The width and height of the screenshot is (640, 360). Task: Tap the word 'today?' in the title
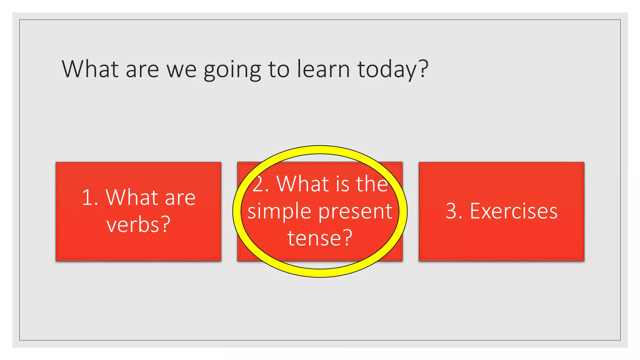coord(392,69)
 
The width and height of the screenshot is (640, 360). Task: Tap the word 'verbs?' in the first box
coord(138,224)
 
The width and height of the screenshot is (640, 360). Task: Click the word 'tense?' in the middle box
coord(320,238)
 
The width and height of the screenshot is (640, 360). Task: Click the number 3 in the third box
coord(452,211)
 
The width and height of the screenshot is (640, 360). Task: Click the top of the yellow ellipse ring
coord(320,150)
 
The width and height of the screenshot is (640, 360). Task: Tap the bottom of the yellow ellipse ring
coord(320,273)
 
